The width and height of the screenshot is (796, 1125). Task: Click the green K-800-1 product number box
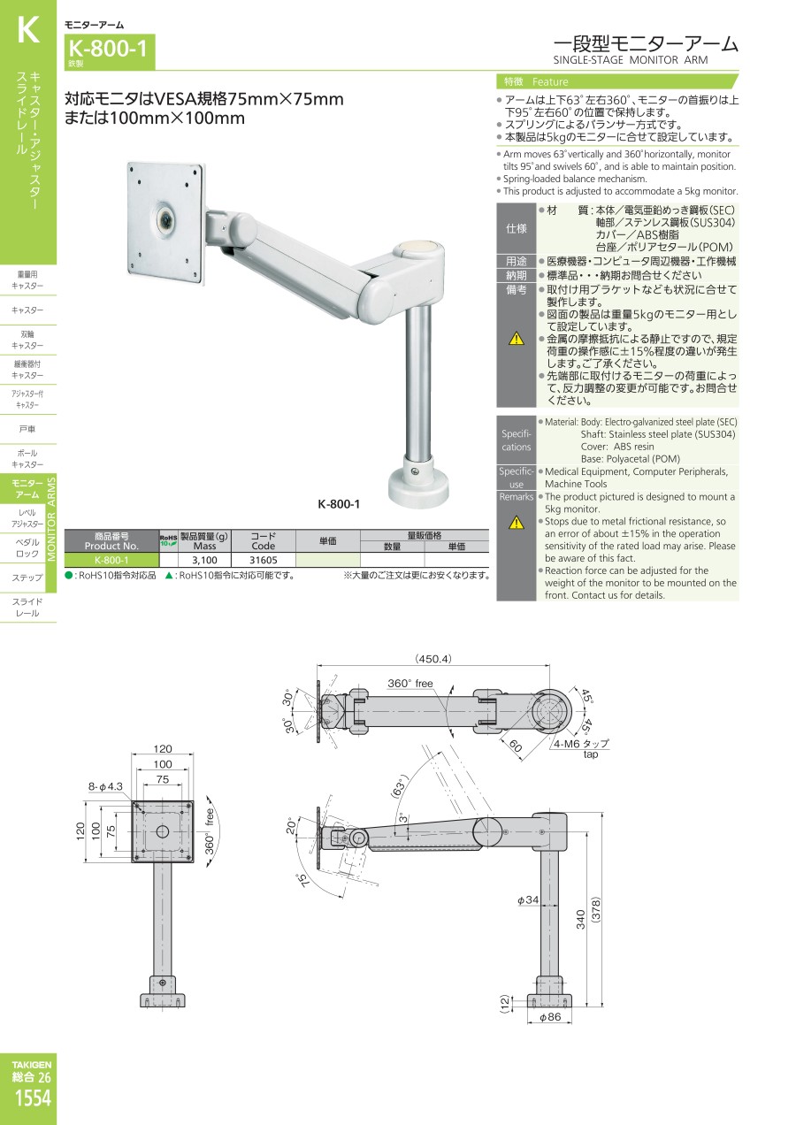pyautogui.click(x=110, y=52)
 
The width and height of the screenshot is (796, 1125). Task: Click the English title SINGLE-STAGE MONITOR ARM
pyautogui.click(x=631, y=60)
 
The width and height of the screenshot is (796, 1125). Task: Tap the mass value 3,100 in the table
pyautogui.click(x=205, y=561)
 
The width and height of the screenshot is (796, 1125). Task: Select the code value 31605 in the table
pyautogui.click(x=264, y=561)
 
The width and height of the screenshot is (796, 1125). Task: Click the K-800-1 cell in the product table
pyautogui.click(x=111, y=561)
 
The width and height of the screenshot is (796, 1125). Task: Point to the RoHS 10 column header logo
pyautogui.click(x=169, y=541)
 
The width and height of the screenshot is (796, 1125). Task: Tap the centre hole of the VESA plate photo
pyautogui.click(x=165, y=219)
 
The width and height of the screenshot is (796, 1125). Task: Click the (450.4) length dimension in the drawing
pyautogui.click(x=432, y=659)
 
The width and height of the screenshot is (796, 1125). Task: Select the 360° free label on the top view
pyautogui.click(x=409, y=684)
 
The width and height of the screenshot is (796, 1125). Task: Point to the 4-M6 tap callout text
pyautogui.click(x=582, y=744)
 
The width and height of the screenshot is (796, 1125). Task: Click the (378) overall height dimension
pyautogui.click(x=596, y=909)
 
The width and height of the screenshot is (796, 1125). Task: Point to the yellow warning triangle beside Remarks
pyautogui.click(x=517, y=523)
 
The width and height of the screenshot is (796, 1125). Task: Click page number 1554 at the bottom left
pyautogui.click(x=33, y=1098)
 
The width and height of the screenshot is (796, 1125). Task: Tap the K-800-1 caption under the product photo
pyautogui.click(x=339, y=504)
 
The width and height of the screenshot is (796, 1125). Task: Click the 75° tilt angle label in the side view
pyautogui.click(x=303, y=881)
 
